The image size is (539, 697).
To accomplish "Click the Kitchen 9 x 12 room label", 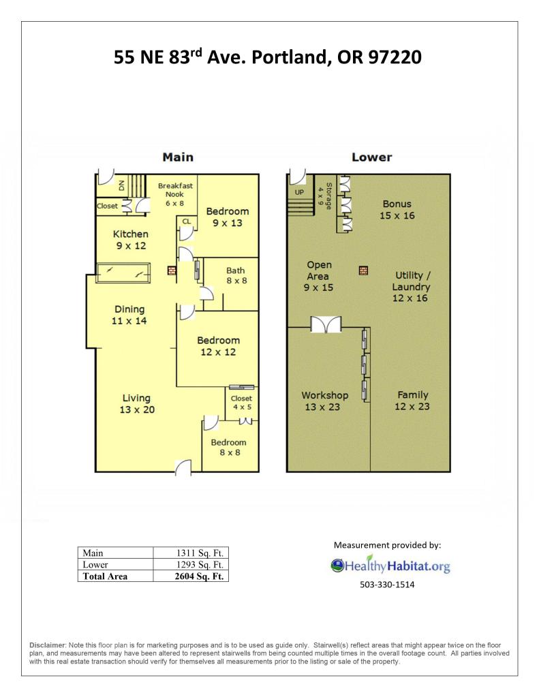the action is coord(130,240).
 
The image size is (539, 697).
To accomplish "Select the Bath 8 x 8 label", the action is coord(236,276).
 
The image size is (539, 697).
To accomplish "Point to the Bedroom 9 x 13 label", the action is coord(227,217).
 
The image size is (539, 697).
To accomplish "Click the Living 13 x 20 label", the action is coord(137,404).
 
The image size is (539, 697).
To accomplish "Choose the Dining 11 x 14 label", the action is coord(129,315).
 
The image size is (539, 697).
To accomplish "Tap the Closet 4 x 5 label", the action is coord(241,403).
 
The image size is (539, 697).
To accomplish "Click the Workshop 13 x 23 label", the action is coord(324,401).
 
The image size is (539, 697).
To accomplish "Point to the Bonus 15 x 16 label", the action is coord(397,210).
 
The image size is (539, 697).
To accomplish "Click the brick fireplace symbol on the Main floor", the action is coord(172,270).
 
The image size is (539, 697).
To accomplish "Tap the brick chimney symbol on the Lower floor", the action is coord(363,270).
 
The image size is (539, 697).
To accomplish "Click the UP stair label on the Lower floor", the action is coord(299,192).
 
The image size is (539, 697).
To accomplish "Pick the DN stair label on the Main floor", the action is coord(121,186).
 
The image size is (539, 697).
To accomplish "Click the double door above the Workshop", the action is coord(326,324).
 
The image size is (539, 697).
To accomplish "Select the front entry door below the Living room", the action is coord(183,467).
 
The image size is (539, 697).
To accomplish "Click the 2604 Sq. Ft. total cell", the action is coord(199,576).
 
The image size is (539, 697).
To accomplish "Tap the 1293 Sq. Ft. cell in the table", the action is coord(200,565).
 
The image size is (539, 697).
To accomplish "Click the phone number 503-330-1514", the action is coord(387,585).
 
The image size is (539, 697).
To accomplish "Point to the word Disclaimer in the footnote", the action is coord(48,645).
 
